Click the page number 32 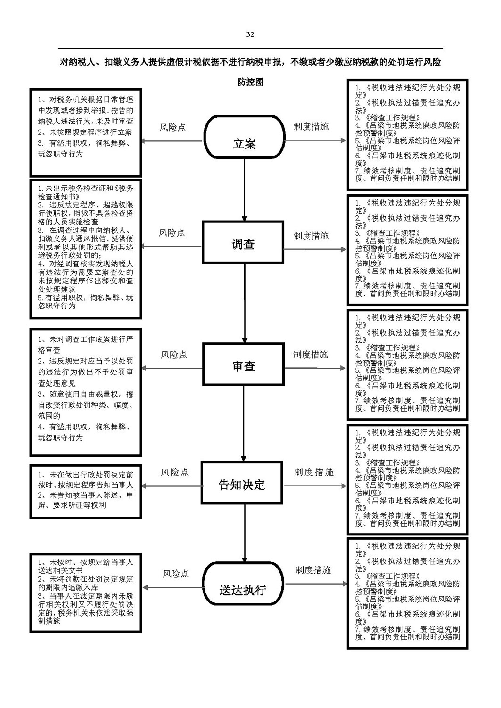tap(250, 34)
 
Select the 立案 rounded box tap(244, 137)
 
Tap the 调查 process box tap(243, 242)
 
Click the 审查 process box tap(243, 364)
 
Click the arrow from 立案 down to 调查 tap(244, 189)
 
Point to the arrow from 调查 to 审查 tap(244, 304)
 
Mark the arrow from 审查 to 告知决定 tap(243, 423)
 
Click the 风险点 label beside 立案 tap(172, 127)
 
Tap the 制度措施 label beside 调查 tap(311, 236)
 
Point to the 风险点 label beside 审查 tap(174, 354)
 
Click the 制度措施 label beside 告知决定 tap(314, 472)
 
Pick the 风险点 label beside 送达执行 tap(176, 574)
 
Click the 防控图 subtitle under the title tap(250, 82)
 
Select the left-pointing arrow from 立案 tap(172, 141)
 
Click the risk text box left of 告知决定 tap(86, 492)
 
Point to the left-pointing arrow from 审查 tap(172, 368)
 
